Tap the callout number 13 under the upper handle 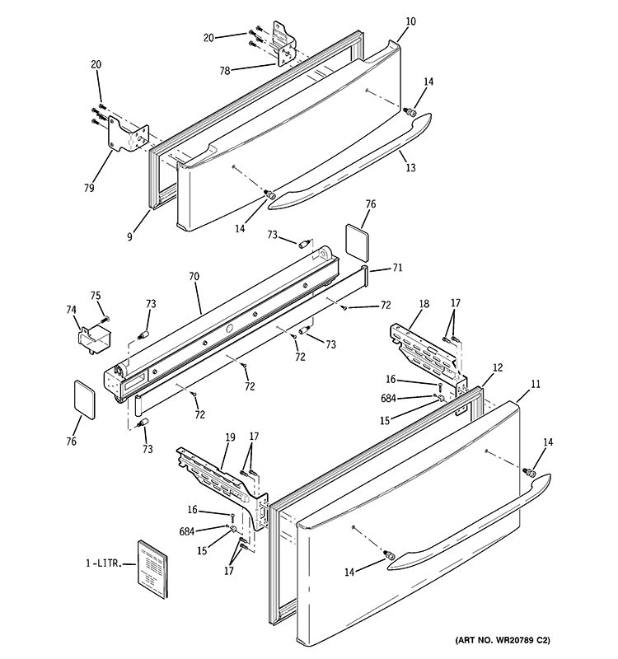coord(410,168)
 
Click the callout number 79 coord(88,188)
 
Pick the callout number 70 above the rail coord(194,278)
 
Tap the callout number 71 coord(397,268)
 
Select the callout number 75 coord(96,296)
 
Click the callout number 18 coord(424,305)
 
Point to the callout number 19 coord(230,438)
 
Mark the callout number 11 coord(536,384)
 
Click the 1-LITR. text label coord(103,563)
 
